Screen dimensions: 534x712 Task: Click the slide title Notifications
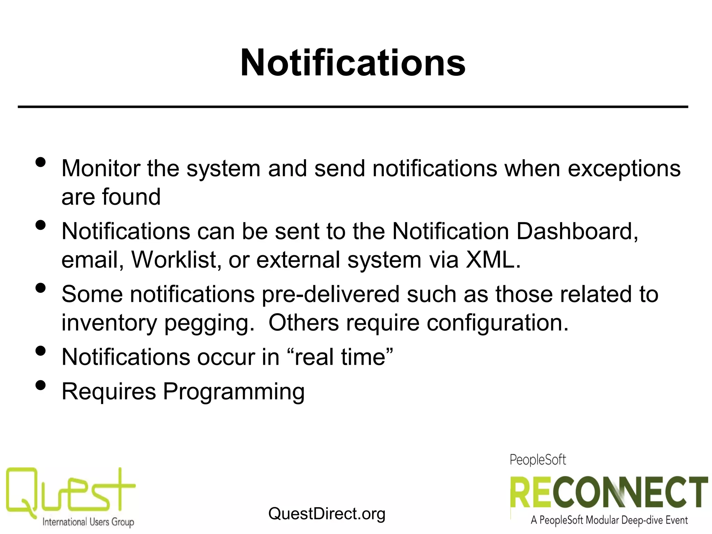(353, 63)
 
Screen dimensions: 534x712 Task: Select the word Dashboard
(577, 232)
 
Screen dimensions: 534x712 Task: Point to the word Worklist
(177, 260)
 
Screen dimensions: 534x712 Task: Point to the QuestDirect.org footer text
(327, 513)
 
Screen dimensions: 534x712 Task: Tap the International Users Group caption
(88, 522)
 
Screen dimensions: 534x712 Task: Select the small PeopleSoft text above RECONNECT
(538, 460)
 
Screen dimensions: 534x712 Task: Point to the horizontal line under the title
(353, 107)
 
